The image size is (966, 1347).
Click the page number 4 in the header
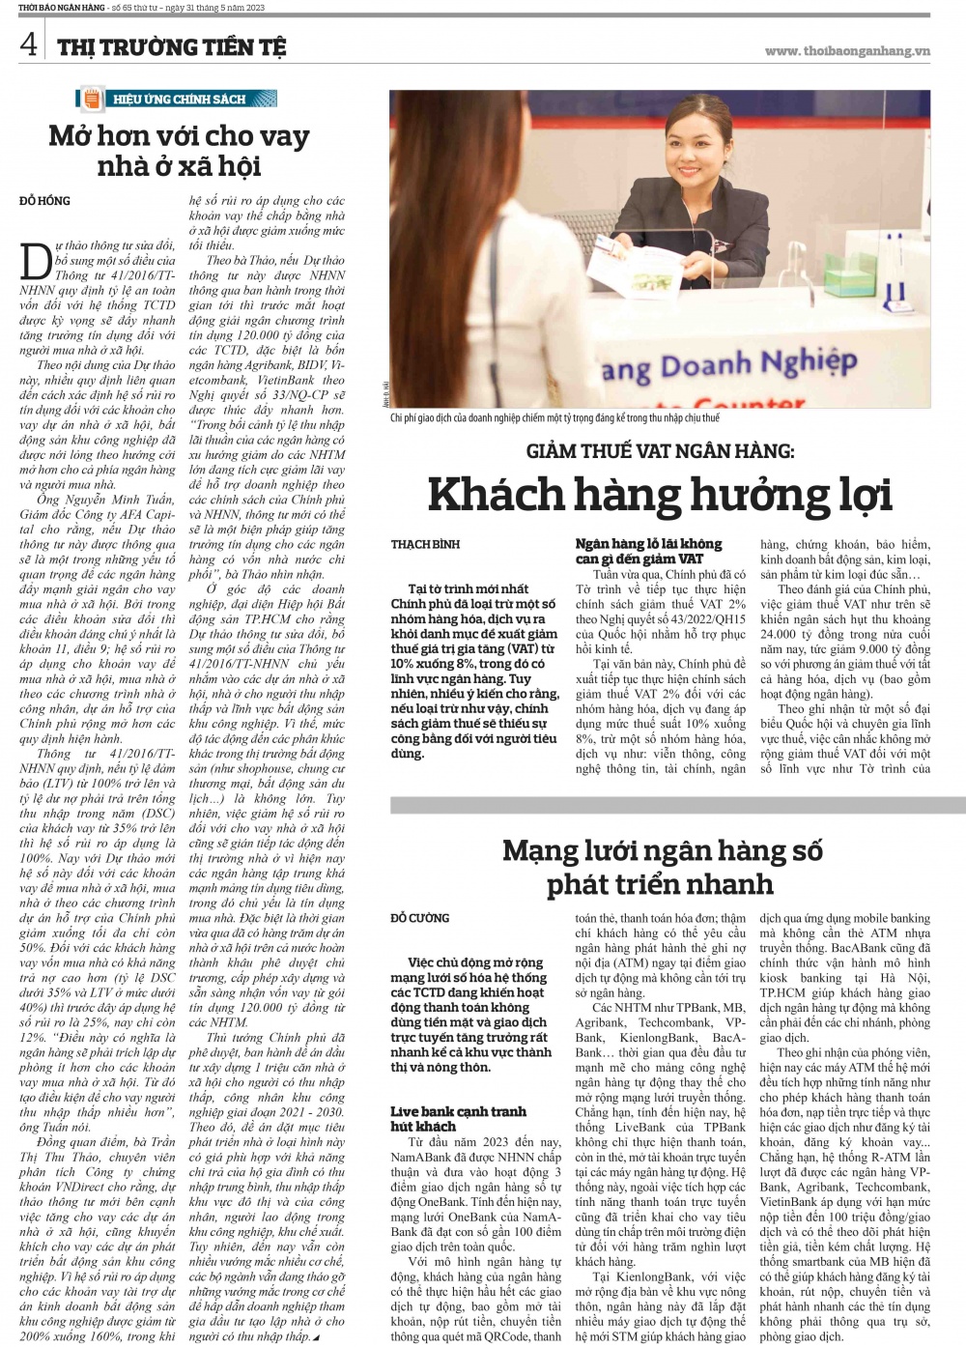point(29,44)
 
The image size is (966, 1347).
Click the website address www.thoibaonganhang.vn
point(846,51)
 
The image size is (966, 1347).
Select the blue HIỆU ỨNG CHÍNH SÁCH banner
point(178,99)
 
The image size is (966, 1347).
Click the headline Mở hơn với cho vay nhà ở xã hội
point(179,150)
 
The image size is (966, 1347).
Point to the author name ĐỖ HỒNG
point(44,201)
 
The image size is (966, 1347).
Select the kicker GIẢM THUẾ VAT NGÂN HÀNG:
point(661,450)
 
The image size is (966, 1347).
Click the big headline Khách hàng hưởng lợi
point(660,495)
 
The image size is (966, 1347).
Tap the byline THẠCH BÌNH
point(424,544)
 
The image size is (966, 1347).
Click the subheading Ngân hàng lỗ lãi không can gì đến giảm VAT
point(648,551)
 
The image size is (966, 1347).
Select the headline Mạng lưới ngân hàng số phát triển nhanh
point(662,867)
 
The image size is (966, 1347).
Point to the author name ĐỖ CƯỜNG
point(420,917)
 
